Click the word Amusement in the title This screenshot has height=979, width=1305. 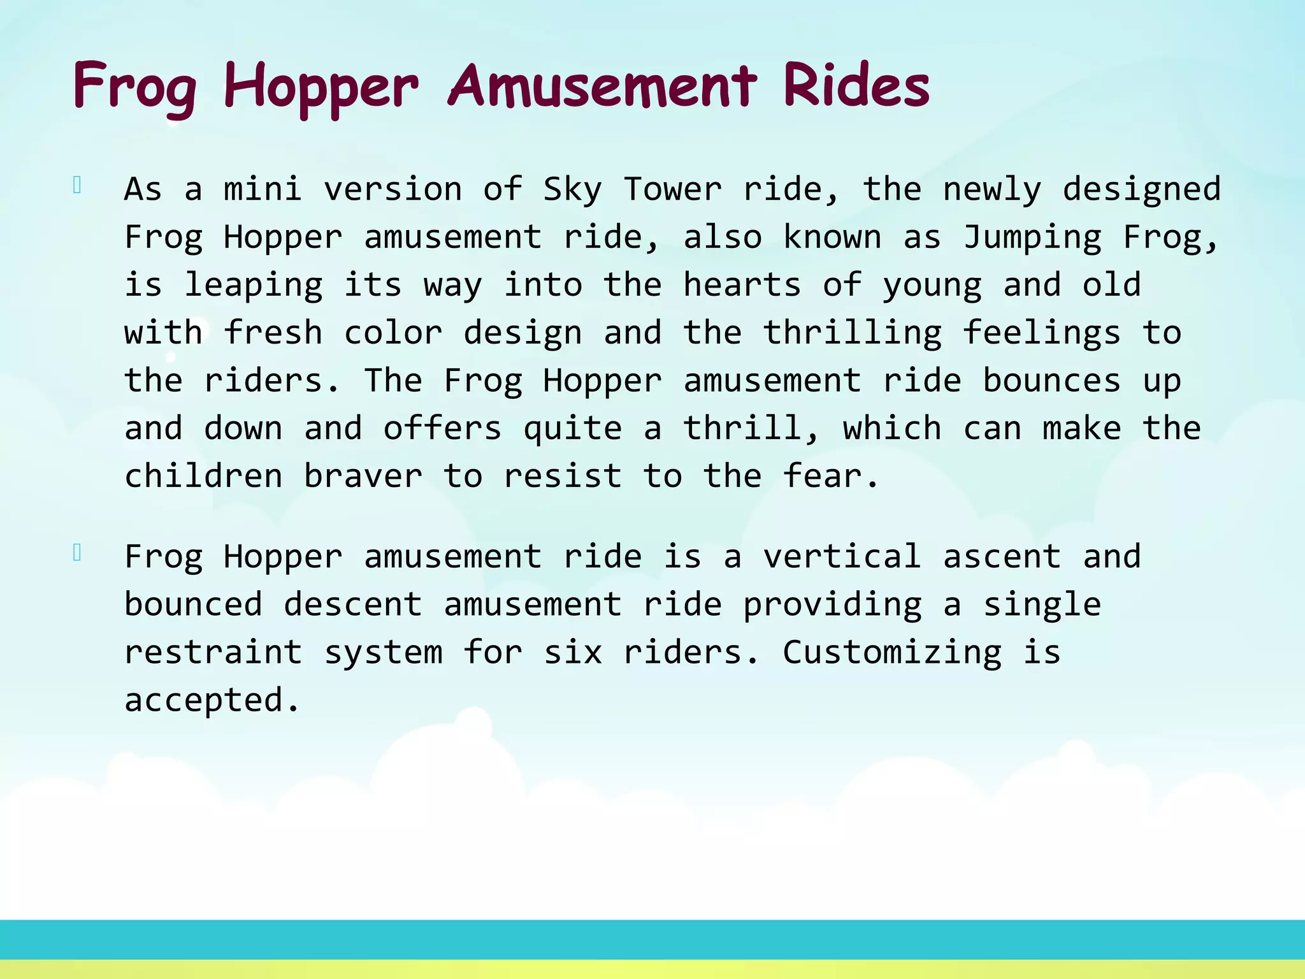click(603, 86)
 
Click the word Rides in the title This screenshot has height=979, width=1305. click(856, 86)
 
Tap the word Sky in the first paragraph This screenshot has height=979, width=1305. click(572, 190)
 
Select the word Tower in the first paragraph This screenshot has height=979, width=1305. click(672, 189)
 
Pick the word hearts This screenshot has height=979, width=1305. click(742, 285)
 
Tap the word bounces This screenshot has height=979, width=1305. click(1051, 381)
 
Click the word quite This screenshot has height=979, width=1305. click(572, 429)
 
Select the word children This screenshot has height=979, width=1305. click(203, 476)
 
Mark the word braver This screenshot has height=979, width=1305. click(363, 476)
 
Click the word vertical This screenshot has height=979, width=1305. click(842, 556)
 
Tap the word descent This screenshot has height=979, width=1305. click(352, 604)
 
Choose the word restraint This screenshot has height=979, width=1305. click(213, 652)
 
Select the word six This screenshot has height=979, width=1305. click(572, 652)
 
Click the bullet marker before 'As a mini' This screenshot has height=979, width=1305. click(77, 185)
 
